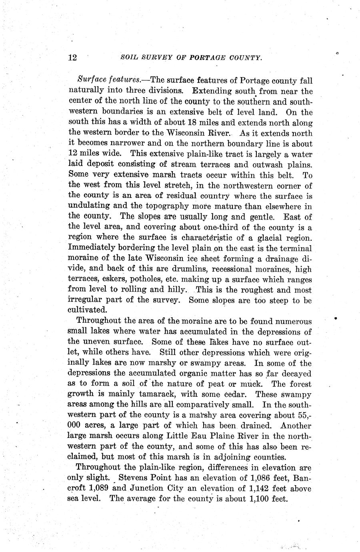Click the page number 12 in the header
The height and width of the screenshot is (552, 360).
[x=72, y=58]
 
